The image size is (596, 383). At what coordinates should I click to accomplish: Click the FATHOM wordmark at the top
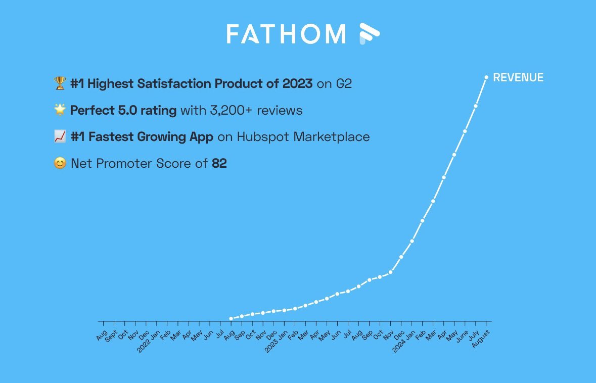(286, 34)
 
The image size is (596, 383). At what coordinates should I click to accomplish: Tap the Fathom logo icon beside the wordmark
(369, 34)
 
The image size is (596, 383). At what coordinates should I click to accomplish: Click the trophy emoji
(60, 83)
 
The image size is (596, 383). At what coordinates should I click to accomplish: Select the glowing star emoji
(60, 110)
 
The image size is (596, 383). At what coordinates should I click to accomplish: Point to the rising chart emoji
(60, 137)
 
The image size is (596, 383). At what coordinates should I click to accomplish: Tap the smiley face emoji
(60, 164)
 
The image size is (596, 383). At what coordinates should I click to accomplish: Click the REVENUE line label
(518, 78)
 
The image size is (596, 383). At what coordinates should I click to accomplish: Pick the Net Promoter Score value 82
(219, 164)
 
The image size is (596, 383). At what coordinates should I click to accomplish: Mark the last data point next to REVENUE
(486, 77)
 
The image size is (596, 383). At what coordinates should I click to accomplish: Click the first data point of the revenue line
(231, 319)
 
